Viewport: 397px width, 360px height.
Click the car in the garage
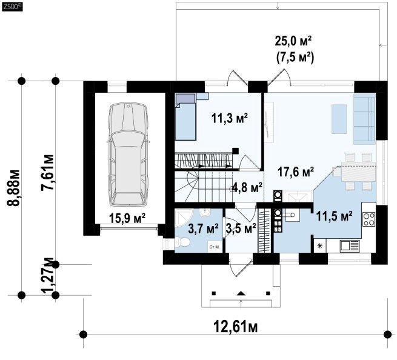click(128, 155)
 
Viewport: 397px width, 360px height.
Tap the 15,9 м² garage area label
click(127, 218)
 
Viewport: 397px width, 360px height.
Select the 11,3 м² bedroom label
click(230, 118)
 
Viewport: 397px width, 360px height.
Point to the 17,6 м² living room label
click(296, 172)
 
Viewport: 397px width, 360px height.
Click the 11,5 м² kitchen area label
click(334, 216)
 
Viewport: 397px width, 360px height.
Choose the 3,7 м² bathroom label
click(203, 228)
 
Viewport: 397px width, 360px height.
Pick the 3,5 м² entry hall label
click(241, 228)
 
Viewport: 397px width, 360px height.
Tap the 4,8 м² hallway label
click(247, 188)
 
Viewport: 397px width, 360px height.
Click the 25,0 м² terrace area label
click(293, 41)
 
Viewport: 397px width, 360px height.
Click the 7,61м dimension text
click(48, 172)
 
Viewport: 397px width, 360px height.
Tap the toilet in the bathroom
click(182, 243)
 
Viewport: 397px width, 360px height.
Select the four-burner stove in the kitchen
click(369, 219)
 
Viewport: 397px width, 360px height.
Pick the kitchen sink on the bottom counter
click(349, 245)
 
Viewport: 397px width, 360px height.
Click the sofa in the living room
click(364, 118)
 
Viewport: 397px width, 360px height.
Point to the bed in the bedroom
click(185, 117)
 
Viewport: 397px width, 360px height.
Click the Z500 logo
click(12, 7)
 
